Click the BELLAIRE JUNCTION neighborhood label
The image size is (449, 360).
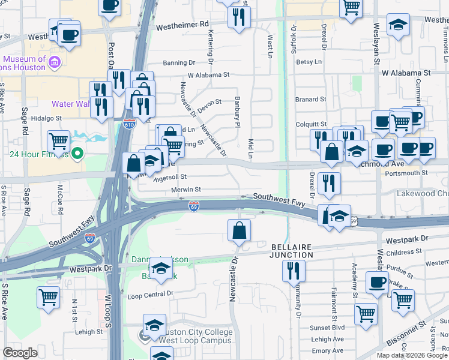point(292,251)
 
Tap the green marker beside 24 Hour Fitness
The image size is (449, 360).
point(76,154)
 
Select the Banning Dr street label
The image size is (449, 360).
point(179,62)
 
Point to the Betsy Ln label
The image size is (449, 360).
point(309,62)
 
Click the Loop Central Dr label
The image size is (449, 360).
point(150,294)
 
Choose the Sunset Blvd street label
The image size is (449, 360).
point(328,328)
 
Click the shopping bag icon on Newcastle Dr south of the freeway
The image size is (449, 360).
point(239,230)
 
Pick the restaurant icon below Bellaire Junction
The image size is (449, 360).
point(294,269)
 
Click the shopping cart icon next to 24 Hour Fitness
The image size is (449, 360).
point(59,142)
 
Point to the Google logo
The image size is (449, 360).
point(20,353)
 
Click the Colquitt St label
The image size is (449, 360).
point(310,125)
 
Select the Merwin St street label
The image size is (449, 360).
point(185,190)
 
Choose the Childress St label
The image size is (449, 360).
point(406,254)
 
